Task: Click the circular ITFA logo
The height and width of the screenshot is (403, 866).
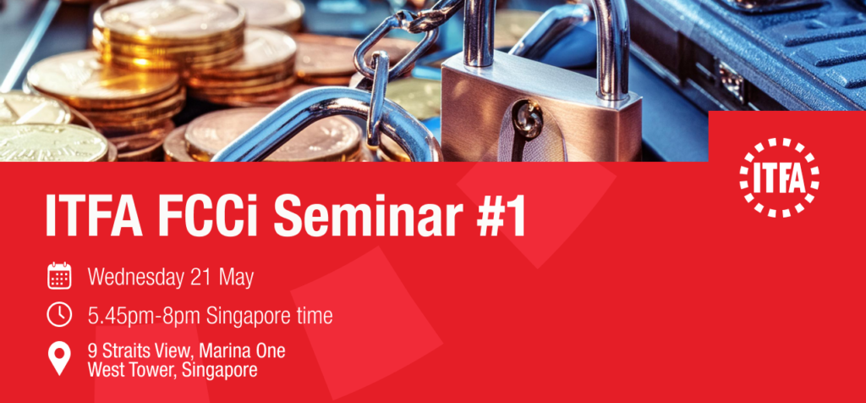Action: (779, 177)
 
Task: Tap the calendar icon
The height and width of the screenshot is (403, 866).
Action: (59, 276)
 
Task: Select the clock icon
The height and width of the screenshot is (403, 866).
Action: (59, 315)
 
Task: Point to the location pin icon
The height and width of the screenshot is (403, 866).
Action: (59, 358)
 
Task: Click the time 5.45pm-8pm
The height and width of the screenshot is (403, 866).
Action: (145, 317)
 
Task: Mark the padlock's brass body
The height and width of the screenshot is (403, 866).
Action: (540, 112)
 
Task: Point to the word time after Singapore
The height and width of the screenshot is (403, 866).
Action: (313, 316)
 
